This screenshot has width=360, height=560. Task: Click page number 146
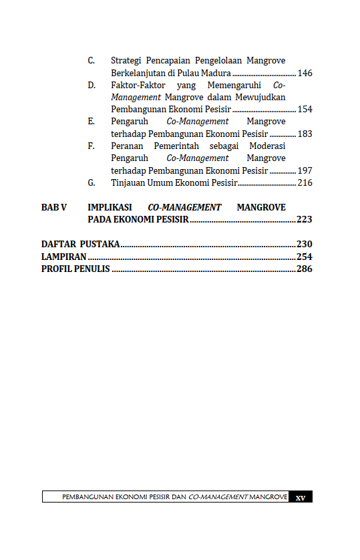(305, 73)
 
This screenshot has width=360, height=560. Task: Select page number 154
(305, 110)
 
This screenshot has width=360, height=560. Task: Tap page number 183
(305, 134)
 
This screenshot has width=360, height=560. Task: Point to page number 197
(305, 170)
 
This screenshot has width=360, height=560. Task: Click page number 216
(305, 182)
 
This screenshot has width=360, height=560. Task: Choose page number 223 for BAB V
(305, 219)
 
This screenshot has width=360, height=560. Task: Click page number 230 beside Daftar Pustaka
(305, 244)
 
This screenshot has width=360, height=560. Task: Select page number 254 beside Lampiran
(305, 257)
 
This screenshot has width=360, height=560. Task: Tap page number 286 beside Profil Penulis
(305, 269)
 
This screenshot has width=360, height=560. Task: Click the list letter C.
(91, 61)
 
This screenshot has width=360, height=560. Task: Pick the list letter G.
(92, 182)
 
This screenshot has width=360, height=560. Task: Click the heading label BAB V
(54, 207)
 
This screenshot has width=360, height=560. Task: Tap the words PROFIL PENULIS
(75, 269)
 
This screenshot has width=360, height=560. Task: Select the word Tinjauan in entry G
(128, 182)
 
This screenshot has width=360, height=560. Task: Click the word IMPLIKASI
(110, 207)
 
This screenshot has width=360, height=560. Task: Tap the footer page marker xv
(301, 497)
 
